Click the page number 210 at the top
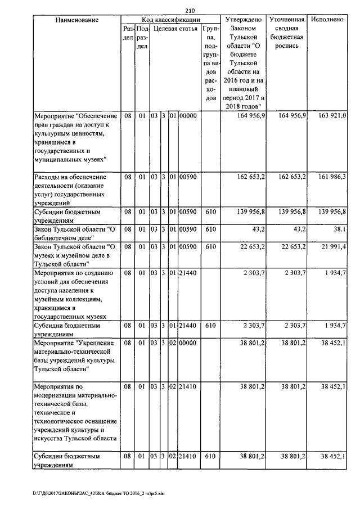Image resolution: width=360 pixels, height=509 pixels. (189, 11)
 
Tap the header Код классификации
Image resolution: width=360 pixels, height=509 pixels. (171, 20)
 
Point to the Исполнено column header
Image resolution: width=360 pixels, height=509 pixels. (327, 20)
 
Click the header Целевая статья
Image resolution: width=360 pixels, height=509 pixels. (175, 29)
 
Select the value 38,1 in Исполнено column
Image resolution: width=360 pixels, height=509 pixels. (339, 230)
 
